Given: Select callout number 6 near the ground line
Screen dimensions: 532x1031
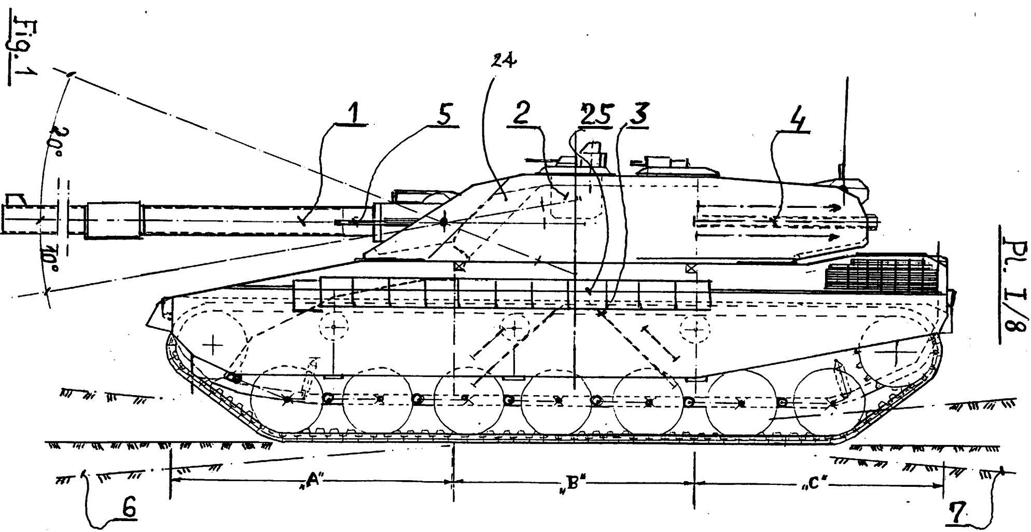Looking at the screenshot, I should click(129, 508).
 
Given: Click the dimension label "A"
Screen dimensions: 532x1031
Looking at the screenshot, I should click(312, 481).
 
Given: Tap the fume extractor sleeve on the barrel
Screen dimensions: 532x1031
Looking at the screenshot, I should click(114, 220).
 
